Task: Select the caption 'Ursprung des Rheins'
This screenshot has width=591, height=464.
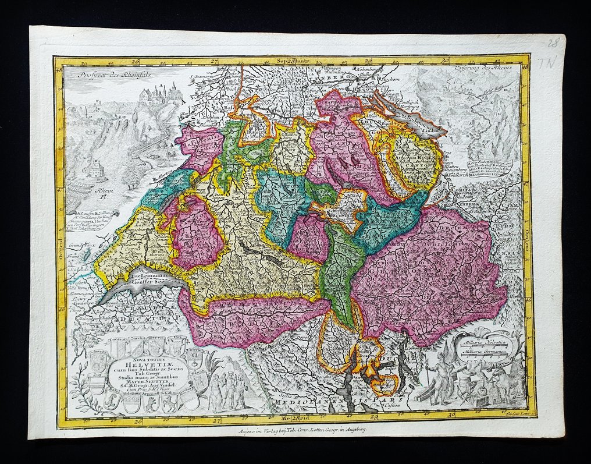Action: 489,72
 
